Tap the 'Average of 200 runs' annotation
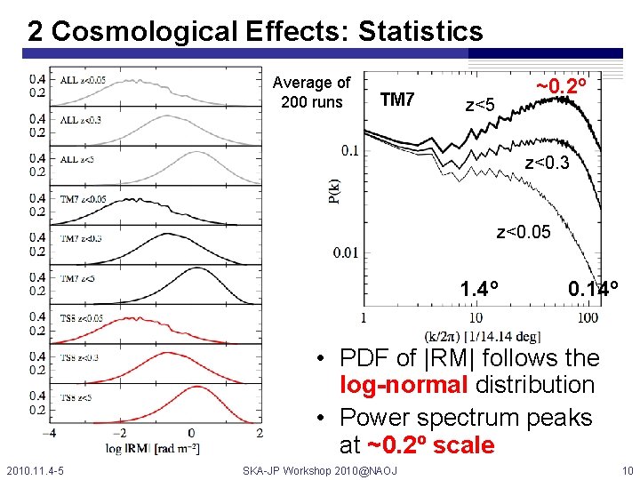311,92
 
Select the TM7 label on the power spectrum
397,100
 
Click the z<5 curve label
480,107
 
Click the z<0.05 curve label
524,233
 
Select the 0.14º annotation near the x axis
593,290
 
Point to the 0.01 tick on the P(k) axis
346,253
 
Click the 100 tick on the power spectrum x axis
587,317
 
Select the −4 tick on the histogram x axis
52,433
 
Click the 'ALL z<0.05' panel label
83,80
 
